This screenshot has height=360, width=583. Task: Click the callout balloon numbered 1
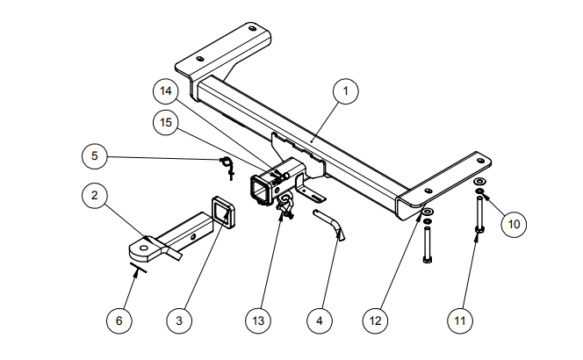(346, 90)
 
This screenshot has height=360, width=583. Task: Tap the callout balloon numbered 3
(179, 320)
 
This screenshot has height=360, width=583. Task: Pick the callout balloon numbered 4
(319, 320)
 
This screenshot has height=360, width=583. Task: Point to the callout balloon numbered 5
(95, 157)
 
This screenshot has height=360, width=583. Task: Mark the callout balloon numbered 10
(515, 223)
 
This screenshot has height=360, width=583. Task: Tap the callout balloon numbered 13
(257, 320)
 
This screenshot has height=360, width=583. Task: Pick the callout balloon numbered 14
(164, 90)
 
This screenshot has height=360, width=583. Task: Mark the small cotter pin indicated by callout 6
(135, 266)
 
